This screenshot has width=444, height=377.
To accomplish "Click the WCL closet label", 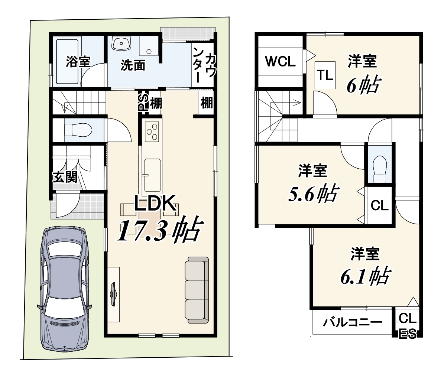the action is [280, 61].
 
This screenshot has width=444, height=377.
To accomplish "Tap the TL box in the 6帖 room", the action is [325, 75].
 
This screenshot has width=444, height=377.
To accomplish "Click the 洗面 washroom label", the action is [133, 65].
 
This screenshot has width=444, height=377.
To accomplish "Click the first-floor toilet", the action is [78, 130].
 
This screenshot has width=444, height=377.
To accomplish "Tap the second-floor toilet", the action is [380, 169].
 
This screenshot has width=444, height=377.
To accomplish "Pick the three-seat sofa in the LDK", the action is [197, 290].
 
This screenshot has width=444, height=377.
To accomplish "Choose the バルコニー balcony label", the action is [353, 322].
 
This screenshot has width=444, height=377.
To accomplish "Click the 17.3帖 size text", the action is [160, 228].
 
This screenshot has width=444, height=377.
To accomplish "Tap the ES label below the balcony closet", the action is [408, 334].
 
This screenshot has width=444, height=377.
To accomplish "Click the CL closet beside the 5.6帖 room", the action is [379, 205].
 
